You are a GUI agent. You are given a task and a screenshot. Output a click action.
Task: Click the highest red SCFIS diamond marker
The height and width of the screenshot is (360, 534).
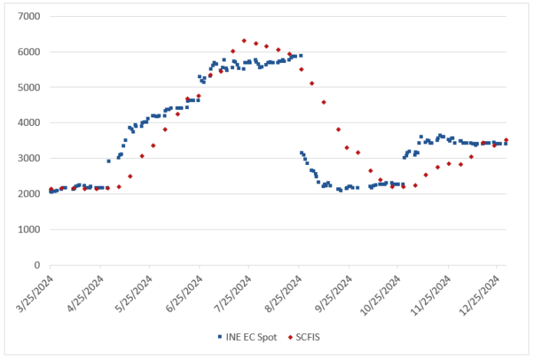click(x=244, y=41)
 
